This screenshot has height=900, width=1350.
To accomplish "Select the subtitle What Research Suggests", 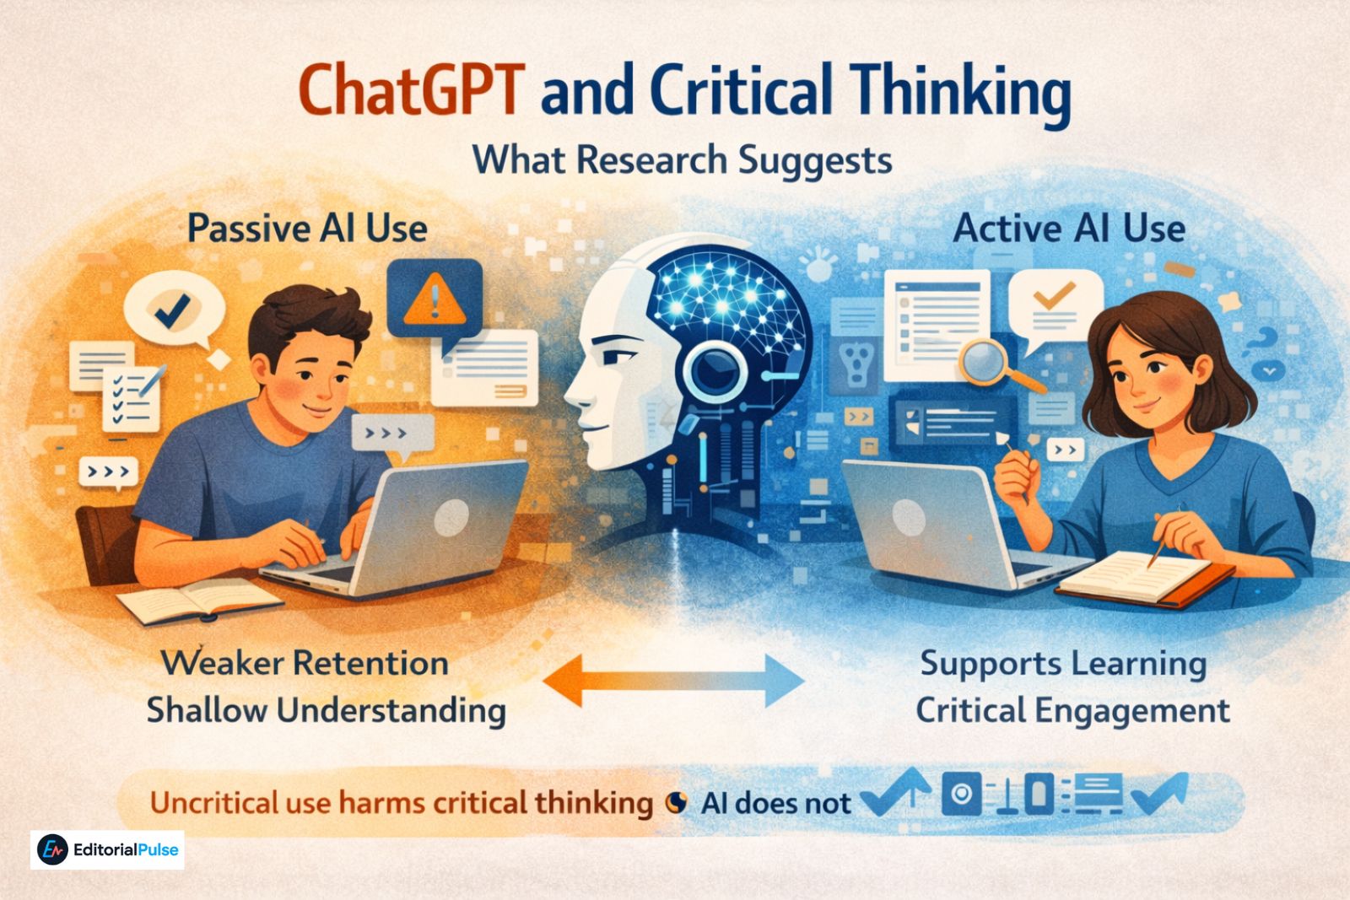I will click(682, 159).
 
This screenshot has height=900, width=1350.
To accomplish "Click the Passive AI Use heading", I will click(307, 229).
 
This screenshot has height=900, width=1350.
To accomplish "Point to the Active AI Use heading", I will click(1069, 229).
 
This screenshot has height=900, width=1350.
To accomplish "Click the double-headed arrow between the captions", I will click(672, 680).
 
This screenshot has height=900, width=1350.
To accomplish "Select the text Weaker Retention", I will click(305, 663).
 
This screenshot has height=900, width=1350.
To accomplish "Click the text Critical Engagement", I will click(1072, 710).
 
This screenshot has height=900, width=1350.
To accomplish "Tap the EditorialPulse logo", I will click(108, 850).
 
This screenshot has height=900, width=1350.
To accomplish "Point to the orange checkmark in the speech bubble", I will click(1054, 294).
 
